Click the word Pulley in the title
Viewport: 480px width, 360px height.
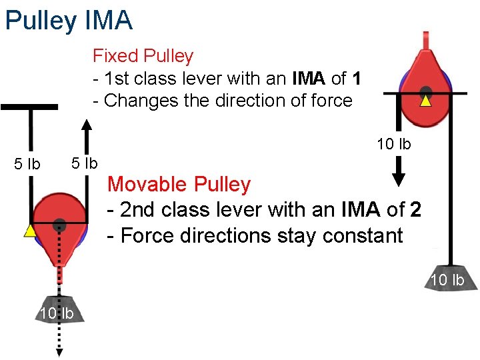click(x=41, y=20)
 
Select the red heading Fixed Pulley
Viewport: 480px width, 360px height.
click(x=143, y=56)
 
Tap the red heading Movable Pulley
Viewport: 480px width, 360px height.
click(x=179, y=184)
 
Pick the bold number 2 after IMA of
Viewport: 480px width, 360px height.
click(x=415, y=210)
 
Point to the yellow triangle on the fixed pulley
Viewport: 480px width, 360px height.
click(x=425, y=102)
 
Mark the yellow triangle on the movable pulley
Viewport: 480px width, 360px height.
click(x=29, y=231)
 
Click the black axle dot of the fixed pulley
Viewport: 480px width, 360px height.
click(x=425, y=91)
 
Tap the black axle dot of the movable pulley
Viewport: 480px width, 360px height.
click(x=59, y=223)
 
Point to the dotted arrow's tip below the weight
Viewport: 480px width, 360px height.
click(x=59, y=351)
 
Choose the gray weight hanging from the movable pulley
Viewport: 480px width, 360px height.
click(x=59, y=309)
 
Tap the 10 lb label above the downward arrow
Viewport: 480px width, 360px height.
click(x=393, y=144)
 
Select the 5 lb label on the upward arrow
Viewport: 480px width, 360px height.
click(x=85, y=163)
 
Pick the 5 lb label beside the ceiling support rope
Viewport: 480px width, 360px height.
click(x=27, y=164)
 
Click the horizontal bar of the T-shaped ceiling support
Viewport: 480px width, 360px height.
click(x=29, y=107)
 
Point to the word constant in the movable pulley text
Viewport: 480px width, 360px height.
click(x=362, y=236)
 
